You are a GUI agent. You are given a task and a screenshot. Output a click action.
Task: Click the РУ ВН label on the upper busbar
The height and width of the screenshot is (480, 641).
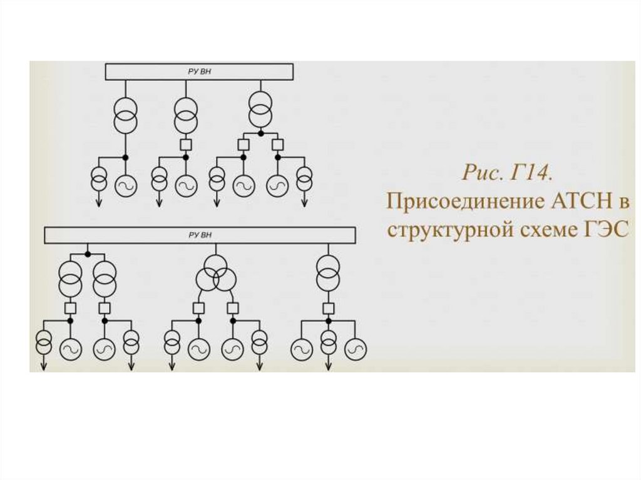click(200, 71)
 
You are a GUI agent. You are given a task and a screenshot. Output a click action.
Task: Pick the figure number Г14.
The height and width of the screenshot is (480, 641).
click(530, 173)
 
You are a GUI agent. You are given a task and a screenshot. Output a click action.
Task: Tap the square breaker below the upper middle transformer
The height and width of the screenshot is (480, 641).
click(185, 145)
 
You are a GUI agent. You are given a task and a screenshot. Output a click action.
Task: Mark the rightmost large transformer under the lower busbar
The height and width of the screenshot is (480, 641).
click(326, 273)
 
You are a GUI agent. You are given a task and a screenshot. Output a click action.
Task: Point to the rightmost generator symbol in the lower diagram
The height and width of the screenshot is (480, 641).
click(356, 348)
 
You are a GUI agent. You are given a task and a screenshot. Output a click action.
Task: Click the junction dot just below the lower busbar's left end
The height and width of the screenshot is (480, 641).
click(88, 253)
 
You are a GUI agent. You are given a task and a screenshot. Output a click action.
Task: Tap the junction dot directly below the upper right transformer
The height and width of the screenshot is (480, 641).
click(260, 133)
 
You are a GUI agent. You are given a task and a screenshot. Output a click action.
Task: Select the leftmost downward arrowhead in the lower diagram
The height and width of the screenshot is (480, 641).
click(44, 367)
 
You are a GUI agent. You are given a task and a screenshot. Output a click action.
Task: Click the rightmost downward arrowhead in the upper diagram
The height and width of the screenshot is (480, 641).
click(305, 203)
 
